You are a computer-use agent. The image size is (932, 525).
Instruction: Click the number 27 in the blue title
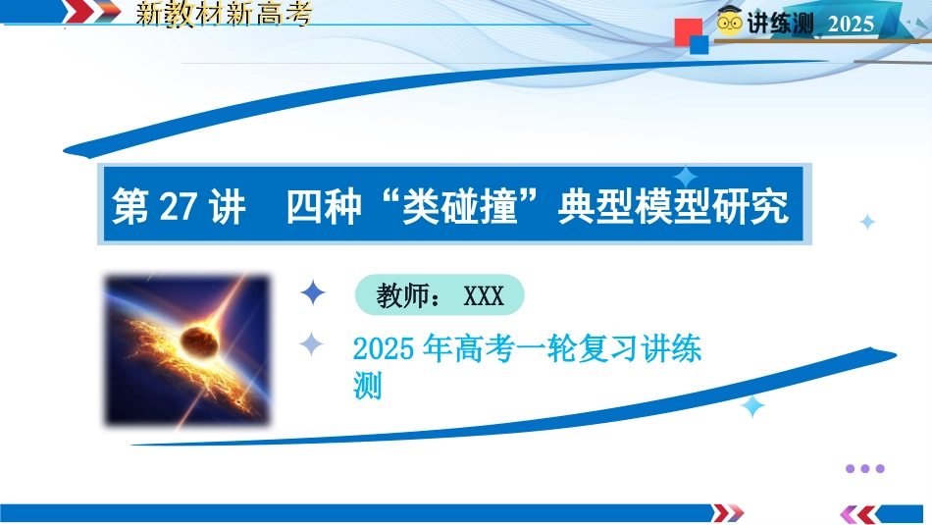pos(179,207)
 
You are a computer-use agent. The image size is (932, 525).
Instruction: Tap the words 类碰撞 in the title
pos(459,206)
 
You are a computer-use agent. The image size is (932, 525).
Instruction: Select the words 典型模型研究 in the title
pos(673,206)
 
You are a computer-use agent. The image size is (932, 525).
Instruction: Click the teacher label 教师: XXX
pos(440,295)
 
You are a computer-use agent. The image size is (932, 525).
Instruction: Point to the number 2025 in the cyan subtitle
pos(384,348)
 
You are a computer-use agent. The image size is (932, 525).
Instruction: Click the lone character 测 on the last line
pos(367,386)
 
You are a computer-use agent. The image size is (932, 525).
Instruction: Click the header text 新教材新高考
pos(224,13)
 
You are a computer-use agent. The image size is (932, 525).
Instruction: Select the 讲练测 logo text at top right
pos(780,24)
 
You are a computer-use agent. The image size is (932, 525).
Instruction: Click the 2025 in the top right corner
pos(852,24)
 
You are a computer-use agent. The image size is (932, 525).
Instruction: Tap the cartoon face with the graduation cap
pos(729,22)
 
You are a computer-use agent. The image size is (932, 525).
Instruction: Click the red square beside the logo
pos(689,31)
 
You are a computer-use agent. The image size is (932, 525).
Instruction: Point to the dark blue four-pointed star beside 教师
pos(313,293)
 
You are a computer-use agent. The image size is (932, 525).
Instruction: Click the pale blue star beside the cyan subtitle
pos(311,343)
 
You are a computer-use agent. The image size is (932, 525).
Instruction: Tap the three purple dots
pos(865,468)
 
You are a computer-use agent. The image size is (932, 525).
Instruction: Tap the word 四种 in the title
pos(325,206)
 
